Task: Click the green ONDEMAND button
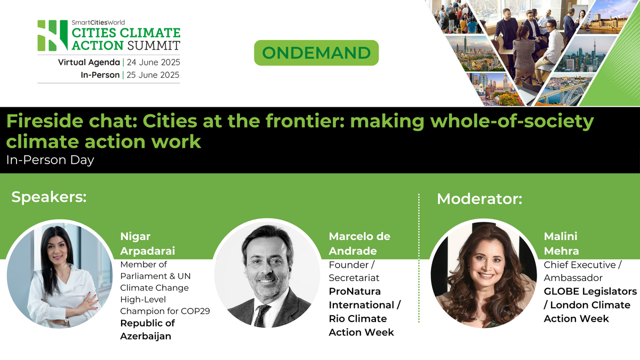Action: tap(316, 53)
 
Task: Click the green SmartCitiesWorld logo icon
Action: tap(52, 36)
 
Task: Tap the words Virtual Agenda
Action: tap(89, 62)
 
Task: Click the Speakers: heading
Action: tap(49, 197)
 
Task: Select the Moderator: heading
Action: tap(479, 199)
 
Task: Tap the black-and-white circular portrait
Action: tap(267, 275)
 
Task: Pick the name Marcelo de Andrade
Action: tap(359, 244)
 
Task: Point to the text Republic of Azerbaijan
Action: tap(147, 330)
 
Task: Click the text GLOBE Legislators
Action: tap(590, 292)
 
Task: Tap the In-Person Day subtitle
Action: tap(50, 160)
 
